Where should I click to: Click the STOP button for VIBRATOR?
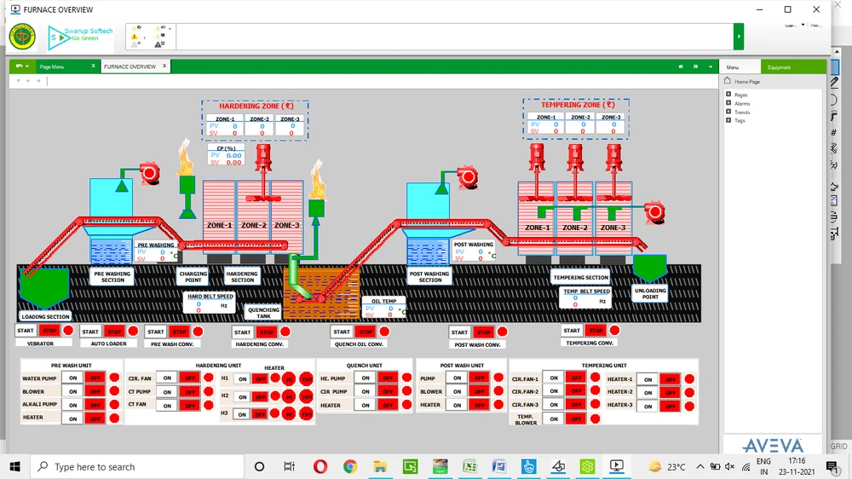(49, 331)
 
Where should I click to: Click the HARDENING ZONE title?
(255, 106)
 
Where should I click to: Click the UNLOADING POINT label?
(651, 293)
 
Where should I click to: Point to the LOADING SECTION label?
(45, 316)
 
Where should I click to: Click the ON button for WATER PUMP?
(73, 378)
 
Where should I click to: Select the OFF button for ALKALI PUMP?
(95, 405)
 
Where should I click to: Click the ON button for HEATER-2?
(648, 393)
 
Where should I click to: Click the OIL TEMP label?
(384, 301)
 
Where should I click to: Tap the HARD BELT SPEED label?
(210, 297)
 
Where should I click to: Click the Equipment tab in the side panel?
(779, 66)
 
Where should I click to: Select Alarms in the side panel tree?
(742, 103)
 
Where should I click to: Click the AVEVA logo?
(772, 446)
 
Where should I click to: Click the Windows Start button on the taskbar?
(14, 466)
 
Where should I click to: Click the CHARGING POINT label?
(193, 277)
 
